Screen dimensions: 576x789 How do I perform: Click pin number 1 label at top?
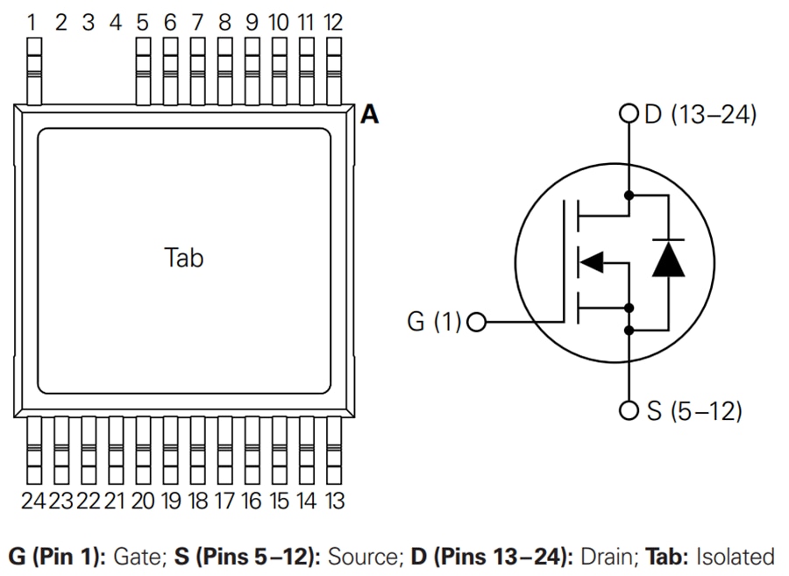click(33, 22)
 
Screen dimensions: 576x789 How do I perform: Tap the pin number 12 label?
click(333, 22)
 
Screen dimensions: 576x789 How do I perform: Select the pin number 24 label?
click(33, 501)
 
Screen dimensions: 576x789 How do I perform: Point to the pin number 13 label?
click(333, 501)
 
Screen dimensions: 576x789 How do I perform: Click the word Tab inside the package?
click(184, 258)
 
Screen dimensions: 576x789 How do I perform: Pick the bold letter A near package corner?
click(370, 115)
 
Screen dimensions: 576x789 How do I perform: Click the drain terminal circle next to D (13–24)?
click(628, 114)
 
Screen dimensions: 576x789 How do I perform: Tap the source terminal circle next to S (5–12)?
click(628, 410)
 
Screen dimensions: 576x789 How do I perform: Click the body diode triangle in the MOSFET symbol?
click(669, 260)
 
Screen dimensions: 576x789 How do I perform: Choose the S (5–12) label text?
click(693, 410)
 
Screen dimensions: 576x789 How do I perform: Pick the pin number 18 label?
click(197, 501)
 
